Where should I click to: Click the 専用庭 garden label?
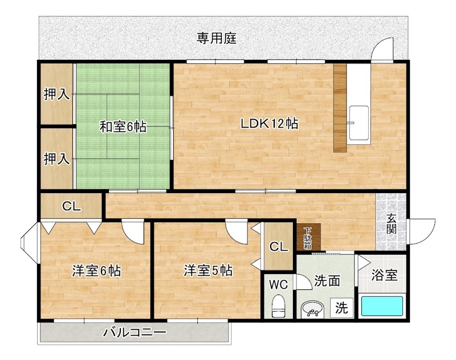click(x=217, y=39)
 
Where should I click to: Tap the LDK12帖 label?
click(x=270, y=123)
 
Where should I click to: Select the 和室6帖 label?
click(x=123, y=126)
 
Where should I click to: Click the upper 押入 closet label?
click(x=57, y=95)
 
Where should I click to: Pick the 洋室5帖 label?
click(x=207, y=271)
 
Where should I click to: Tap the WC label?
click(x=279, y=283)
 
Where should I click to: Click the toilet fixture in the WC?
click(x=279, y=306)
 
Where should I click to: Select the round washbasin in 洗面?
click(x=311, y=309)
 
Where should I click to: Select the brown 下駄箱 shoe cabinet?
click(x=308, y=237)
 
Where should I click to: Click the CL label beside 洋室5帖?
click(x=278, y=247)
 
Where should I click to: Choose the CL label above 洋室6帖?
click(x=71, y=207)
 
